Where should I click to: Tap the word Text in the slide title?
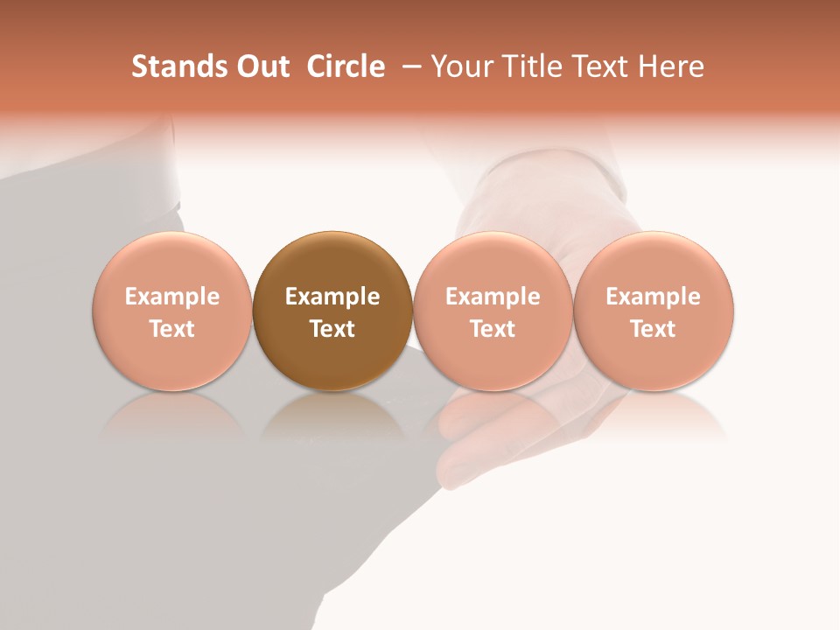click(x=600, y=66)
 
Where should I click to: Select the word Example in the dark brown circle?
click(x=332, y=297)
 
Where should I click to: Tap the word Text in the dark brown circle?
click(x=332, y=329)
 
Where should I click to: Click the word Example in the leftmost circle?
click(x=172, y=297)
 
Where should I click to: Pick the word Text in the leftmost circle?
click(x=172, y=329)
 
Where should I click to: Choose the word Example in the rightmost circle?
click(x=654, y=297)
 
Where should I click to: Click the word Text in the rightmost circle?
click(x=654, y=329)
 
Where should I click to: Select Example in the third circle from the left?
click(x=493, y=297)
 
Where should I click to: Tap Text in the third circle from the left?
click(x=493, y=329)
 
